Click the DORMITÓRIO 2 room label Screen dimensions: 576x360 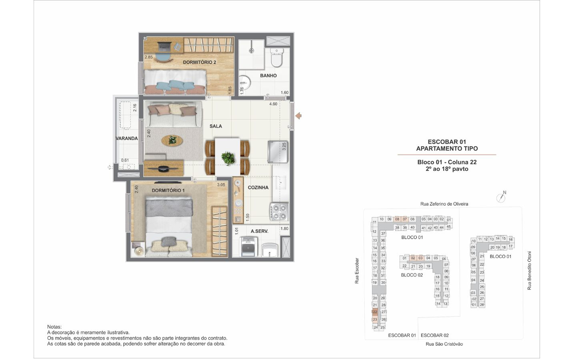(199, 62)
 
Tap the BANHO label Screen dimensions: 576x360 (268, 76)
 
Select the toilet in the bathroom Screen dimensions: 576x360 (277, 58)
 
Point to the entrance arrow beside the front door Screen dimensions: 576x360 (298, 116)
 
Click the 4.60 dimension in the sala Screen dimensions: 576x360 (273, 104)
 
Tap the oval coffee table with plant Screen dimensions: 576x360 (172, 140)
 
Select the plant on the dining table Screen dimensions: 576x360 (228, 157)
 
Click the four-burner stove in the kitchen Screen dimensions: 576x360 (279, 212)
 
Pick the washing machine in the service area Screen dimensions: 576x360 (248, 247)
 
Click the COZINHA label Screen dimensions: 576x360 (258, 188)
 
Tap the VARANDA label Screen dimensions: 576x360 (126, 138)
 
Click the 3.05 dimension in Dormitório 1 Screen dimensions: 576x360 (221, 185)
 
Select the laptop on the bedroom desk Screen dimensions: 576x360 (164, 46)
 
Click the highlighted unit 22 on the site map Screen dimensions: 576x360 (375, 312)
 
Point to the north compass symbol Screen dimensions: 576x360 (501, 197)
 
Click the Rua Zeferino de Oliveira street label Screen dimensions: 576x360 (444, 204)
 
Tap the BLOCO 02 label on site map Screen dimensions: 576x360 (412, 275)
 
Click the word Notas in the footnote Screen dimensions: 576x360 (54, 327)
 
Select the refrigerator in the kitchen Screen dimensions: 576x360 (278, 152)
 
